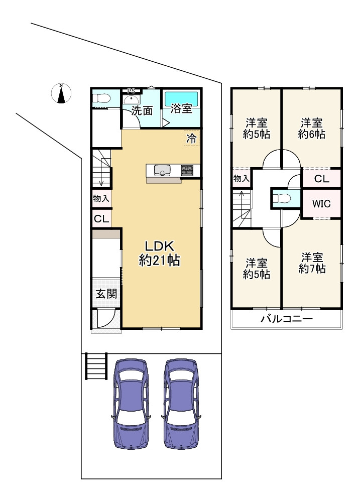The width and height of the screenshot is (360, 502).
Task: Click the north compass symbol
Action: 61,93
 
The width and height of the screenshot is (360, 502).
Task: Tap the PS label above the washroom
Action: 132,90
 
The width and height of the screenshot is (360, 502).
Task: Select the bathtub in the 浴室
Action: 181,98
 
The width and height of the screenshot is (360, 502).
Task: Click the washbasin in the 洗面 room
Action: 132,99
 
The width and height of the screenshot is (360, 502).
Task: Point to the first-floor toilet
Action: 101,99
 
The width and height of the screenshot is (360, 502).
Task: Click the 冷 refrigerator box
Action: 191,139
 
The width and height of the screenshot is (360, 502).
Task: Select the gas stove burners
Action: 187,170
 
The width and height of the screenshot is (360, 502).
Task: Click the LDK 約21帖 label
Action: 159,253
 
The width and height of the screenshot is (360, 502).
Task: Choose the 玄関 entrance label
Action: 106,294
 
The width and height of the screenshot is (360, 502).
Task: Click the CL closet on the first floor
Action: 101,219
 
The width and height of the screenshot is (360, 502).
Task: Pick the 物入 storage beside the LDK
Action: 101,198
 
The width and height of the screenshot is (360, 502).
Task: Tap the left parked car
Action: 132,404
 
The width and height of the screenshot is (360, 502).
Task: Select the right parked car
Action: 181,404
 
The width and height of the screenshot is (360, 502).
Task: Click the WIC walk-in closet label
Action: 321,204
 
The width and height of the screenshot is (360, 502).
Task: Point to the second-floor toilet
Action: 282,198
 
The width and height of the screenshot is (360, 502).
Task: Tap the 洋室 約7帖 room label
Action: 312,263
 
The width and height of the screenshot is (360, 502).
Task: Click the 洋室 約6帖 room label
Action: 312,129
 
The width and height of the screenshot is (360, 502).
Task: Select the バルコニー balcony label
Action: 286,319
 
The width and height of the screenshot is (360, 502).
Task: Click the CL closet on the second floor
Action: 321,179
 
